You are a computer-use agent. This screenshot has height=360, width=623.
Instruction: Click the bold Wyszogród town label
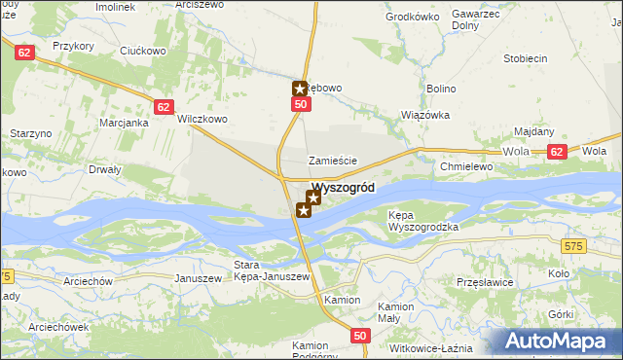click(x=342, y=188)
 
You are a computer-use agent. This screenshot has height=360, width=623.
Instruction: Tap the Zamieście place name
click(x=333, y=161)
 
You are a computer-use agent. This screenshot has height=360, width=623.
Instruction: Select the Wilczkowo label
click(x=202, y=120)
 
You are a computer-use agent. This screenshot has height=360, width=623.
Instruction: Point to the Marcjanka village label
click(x=124, y=124)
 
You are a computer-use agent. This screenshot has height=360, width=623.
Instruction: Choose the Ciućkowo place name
click(x=144, y=52)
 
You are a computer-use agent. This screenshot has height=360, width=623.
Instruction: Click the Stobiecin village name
click(x=525, y=58)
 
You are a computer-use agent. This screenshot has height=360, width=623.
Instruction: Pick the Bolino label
click(x=441, y=89)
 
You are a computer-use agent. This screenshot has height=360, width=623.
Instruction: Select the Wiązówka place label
click(x=425, y=115)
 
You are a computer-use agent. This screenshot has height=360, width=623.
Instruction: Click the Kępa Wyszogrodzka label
click(x=422, y=220)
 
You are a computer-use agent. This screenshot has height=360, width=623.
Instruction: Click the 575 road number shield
click(x=572, y=248)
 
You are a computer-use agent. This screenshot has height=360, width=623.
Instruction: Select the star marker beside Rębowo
click(x=301, y=89)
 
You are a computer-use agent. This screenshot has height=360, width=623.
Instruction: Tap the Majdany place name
click(x=533, y=131)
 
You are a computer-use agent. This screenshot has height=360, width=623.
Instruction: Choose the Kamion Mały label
click(x=396, y=311)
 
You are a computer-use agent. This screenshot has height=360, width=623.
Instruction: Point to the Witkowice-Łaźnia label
click(x=429, y=348)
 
